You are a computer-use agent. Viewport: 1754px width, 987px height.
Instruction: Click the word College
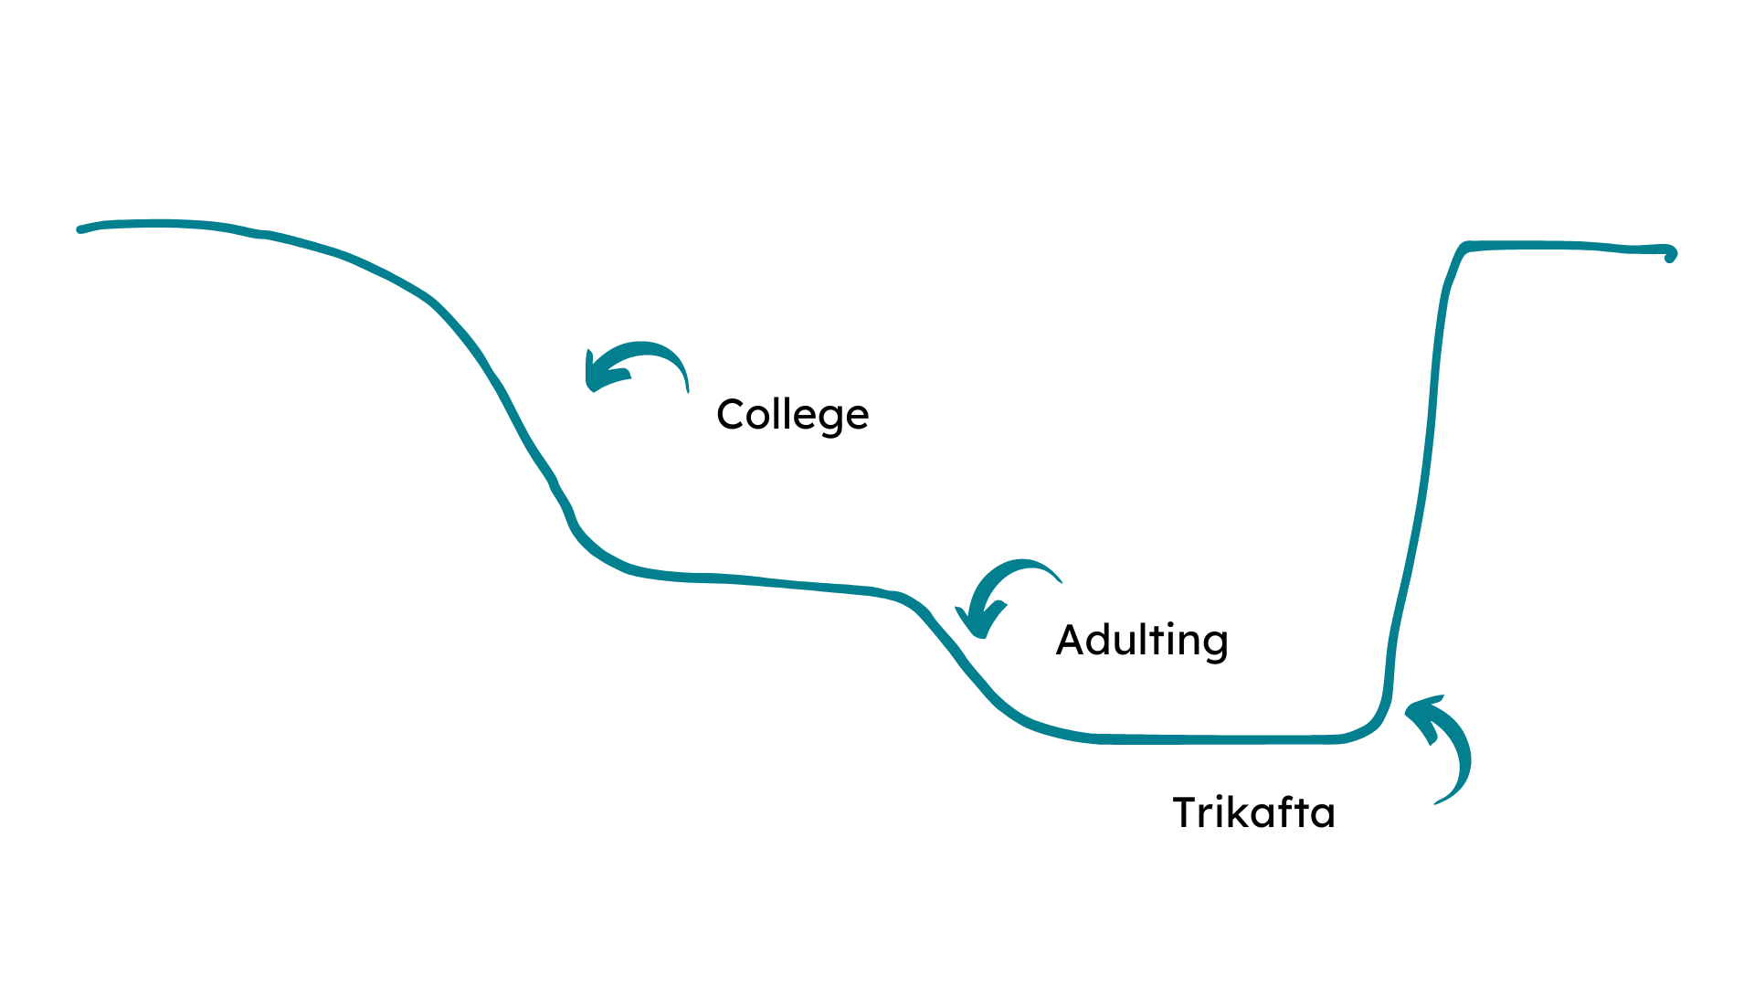tap(792, 415)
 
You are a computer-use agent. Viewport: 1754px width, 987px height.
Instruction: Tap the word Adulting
tap(1141, 640)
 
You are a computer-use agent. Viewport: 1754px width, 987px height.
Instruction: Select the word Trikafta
tap(1253, 812)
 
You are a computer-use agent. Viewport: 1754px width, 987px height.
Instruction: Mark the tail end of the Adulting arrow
tap(1061, 580)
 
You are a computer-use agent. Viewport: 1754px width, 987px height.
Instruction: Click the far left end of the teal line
tap(80, 229)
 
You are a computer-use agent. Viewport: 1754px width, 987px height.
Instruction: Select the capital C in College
tap(732, 414)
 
